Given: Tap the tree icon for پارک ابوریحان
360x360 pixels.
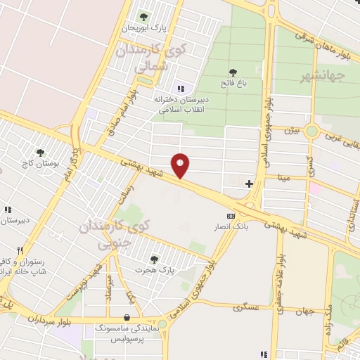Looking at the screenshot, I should tap(144, 16).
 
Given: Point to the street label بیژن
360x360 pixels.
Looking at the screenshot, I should tap(291, 130).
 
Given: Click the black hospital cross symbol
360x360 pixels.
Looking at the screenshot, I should tap(249, 184).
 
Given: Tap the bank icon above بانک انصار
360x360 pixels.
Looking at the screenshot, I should tap(230, 216).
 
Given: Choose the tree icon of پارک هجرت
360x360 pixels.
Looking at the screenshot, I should tap(154, 259).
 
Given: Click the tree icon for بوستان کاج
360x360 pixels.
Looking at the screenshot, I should tap(40, 152).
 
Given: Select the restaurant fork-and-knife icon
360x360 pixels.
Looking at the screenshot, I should tap(19, 250).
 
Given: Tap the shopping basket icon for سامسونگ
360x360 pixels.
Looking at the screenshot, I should tap(126, 317).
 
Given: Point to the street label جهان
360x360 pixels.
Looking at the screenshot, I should tap(304, 311).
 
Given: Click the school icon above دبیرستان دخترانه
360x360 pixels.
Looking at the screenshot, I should tap(181, 89).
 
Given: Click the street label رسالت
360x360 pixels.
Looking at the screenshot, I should tap(129, 184).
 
